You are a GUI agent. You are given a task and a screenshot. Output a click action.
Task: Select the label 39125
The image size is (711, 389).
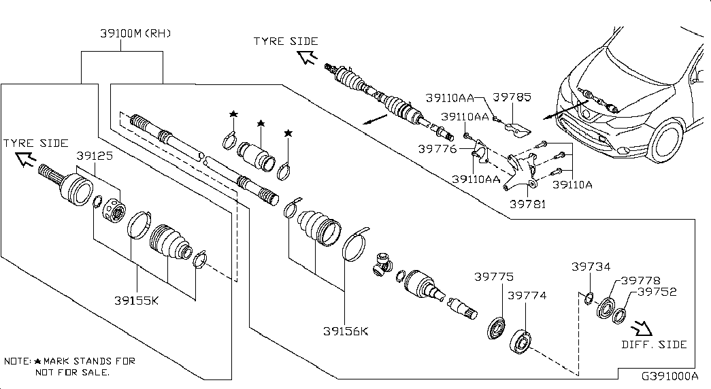pyautogui.click(x=95, y=156)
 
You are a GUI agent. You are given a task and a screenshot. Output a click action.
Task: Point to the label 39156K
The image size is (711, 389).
pyautogui.click(x=346, y=331)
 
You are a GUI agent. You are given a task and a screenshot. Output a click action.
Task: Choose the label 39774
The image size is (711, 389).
pyautogui.click(x=526, y=296)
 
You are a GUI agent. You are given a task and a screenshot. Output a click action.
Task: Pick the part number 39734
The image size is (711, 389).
pyautogui.click(x=591, y=267)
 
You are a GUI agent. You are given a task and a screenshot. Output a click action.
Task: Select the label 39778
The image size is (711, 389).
pyautogui.click(x=640, y=280)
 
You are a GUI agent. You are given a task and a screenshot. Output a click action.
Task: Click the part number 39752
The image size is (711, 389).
pyautogui.click(x=657, y=292)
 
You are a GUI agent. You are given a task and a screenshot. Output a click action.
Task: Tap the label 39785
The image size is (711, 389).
pyautogui.click(x=512, y=97)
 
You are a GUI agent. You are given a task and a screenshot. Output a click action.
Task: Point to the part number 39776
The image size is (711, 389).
pyautogui.click(x=437, y=148)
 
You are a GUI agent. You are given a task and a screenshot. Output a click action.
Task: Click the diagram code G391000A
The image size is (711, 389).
pyautogui.click(x=669, y=376)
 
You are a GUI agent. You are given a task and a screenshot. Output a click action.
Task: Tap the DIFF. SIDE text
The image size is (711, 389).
pyautogui.click(x=654, y=345)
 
